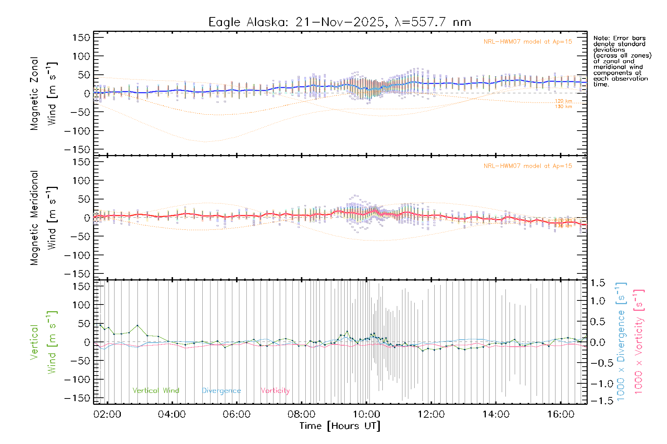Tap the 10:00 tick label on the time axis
pyautogui.click(x=366, y=414)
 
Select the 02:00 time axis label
pyautogui.click(x=107, y=414)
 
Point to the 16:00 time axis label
pyautogui.click(x=561, y=414)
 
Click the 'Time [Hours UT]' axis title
pyautogui.click(x=340, y=426)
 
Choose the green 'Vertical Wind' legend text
pyautogui.click(x=156, y=391)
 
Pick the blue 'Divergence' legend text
pyautogui.click(x=221, y=391)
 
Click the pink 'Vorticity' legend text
pyautogui.click(x=275, y=391)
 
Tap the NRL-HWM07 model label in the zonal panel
pyautogui.click(x=528, y=42)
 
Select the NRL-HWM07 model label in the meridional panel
pyautogui.click(x=528, y=166)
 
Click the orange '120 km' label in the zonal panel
pyautogui.click(x=563, y=101)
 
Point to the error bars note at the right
pyautogui.click(x=622, y=61)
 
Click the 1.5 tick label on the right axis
pyautogui.click(x=598, y=283)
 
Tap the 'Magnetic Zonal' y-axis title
pyautogui.click(x=34, y=94)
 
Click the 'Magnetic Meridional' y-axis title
pyautogui.click(x=34, y=218)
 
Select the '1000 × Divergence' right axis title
pyautogui.click(x=621, y=342)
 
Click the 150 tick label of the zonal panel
pyautogui.click(x=81, y=37)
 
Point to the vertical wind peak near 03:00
pyautogui.click(x=137, y=326)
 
